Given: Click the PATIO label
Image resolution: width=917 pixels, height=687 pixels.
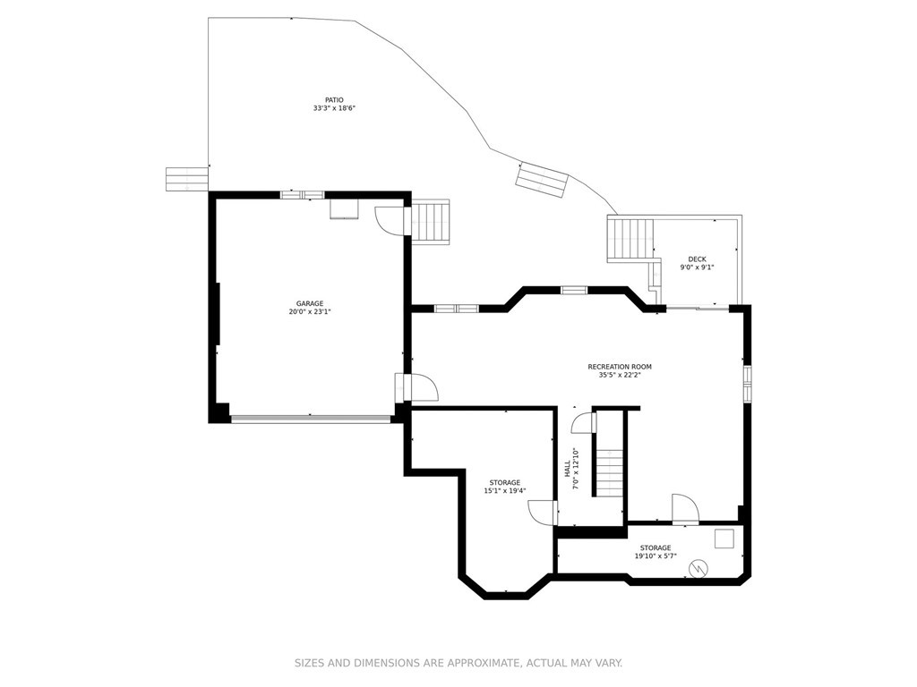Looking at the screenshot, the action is pyautogui.click(x=335, y=100).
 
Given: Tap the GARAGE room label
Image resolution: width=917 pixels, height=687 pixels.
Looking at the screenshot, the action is pyautogui.click(x=309, y=303).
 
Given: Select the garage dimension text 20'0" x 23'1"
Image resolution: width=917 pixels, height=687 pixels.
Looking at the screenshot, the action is pyautogui.click(x=309, y=311).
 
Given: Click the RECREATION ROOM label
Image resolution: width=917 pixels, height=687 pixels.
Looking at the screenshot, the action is pyautogui.click(x=620, y=367).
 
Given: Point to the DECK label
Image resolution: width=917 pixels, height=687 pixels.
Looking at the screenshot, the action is pyautogui.click(x=697, y=259).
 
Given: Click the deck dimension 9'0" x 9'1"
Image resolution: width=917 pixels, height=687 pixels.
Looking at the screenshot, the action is pyautogui.click(x=697, y=267).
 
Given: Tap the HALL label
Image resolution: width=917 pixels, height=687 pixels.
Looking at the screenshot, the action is pyautogui.click(x=567, y=468).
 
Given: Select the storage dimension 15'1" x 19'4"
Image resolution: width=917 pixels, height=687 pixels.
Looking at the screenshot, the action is pyautogui.click(x=505, y=491).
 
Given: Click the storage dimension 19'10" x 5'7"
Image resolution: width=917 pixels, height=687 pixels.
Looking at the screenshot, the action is pyautogui.click(x=655, y=556).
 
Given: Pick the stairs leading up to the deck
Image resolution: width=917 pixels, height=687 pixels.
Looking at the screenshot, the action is pyautogui.click(x=630, y=240).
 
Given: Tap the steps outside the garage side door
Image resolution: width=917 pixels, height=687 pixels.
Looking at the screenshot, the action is pyautogui.click(x=431, y=221).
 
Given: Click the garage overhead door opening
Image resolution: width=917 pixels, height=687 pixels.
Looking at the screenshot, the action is pyautogui.click(x=311, y=418).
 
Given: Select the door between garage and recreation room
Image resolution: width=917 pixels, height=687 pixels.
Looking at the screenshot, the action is pyautogui.click(x=417, y=387).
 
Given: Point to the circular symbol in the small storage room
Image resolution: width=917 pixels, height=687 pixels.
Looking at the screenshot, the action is pyautogui.click(x=698, y=567).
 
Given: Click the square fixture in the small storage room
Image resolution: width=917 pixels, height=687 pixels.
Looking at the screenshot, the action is pyautogui.click(x=724, y=539).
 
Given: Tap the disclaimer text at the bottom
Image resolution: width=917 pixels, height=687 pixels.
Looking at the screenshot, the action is pyautogui.click(x=458, y=663).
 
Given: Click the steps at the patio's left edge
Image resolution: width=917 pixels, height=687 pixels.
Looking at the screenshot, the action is pyautogui.click(x=186, y=179).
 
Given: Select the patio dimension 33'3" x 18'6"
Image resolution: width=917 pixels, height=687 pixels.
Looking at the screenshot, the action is pyautogui.click(x=335, y=108).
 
